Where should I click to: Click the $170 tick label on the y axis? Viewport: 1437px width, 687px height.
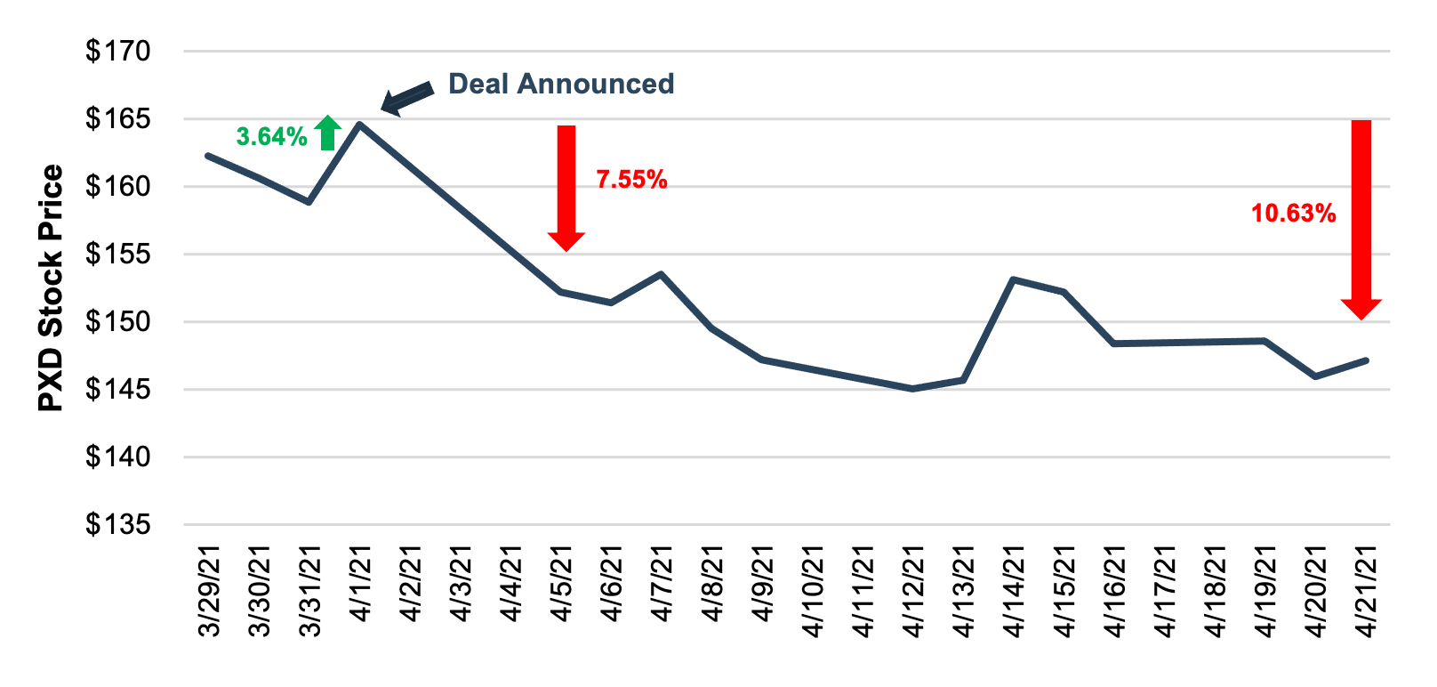coord(118,52)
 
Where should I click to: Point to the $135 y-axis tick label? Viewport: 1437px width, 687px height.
coord(118,525)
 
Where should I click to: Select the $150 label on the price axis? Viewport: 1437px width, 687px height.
coord(118,322)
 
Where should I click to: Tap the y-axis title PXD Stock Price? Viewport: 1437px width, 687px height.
coord(52,288)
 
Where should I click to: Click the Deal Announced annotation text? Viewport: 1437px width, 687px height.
coord(561,84)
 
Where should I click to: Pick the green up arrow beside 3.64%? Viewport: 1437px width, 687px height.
coord(328,133)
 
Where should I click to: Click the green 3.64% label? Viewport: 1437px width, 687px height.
coord(271,137)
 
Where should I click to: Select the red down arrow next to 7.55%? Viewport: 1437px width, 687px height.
coord(566,187)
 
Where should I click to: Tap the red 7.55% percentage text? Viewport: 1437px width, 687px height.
coord(631,180)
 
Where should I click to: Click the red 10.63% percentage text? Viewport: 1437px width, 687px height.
coord(1293,214)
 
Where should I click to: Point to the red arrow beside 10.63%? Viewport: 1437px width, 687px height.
coord(1361,218)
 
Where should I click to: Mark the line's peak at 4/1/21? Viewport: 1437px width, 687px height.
coord(358,125)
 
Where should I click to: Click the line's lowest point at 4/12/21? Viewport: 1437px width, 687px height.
coord(912,389)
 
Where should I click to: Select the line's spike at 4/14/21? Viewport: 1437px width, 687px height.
coord(1014,279)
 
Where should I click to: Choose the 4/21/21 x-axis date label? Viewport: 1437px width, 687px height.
coord(1366,592)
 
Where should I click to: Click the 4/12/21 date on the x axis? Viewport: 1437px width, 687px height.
coord(913,592)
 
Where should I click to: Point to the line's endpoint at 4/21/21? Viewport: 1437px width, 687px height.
coord(1366,360)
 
